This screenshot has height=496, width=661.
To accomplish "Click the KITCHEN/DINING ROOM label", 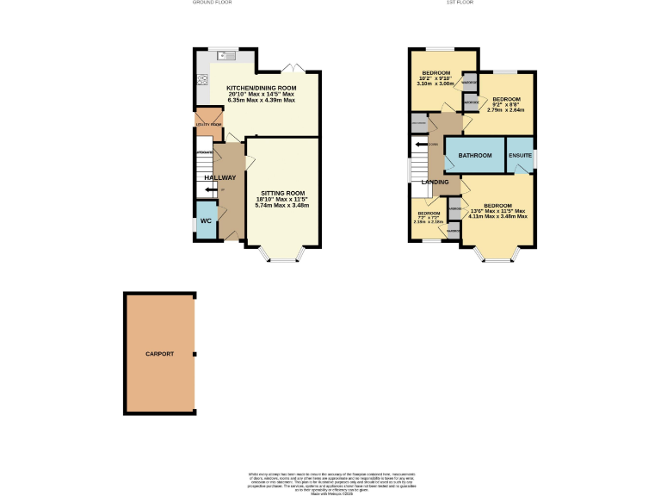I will coord(261,88).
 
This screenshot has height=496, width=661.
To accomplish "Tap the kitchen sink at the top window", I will coord(225,57).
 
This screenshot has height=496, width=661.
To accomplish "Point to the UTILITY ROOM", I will coord(207,121).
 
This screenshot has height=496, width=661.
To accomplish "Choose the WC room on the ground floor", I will coord(206,221).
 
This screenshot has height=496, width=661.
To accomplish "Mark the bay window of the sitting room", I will coord(281,256).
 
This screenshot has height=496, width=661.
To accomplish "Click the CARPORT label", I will coord(159,354).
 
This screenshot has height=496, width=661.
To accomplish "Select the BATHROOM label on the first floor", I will coord(474,156).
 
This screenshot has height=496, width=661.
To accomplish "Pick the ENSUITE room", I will coord(520,156).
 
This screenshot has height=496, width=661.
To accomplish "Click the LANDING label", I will coord(436,183).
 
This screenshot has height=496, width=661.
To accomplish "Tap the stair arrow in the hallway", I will coord(212,189).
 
